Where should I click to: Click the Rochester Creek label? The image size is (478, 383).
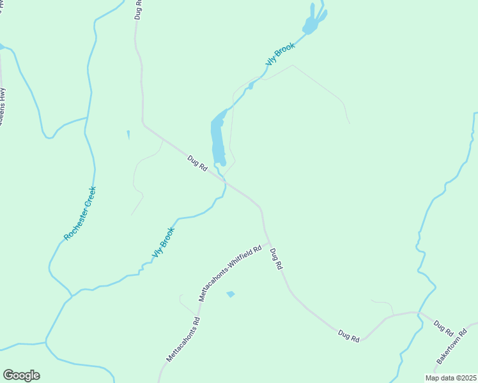pos(80,213)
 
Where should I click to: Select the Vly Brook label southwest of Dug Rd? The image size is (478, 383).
pos(163,243)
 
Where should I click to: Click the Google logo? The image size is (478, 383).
pos(21,375)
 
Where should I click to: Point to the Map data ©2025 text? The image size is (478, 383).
pos(450,378)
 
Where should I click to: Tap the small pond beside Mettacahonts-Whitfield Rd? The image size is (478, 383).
pos(231,294)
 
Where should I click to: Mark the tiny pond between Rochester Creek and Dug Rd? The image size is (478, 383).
pos(128,134)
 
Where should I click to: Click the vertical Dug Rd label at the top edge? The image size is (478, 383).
pos(138,10)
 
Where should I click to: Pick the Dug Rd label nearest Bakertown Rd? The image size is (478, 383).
pos(443,328)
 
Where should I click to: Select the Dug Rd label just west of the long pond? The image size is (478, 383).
pos(197,163)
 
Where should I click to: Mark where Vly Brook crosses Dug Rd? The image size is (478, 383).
pos(225,183)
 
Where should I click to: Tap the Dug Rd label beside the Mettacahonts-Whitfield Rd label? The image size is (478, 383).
pos(276,259)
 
